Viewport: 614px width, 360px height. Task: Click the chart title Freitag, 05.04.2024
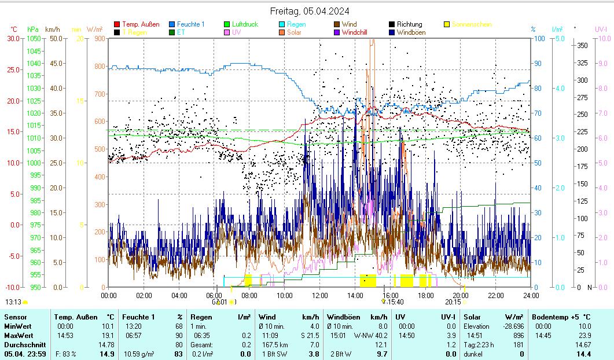pyautogui.click(x=310, y=11)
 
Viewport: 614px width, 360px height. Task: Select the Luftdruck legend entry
pyautogui.click(x=245, y=24)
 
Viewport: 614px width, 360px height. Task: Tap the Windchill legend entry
pyautogui.click(x=358, y=32)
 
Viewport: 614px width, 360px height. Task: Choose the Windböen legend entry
pyautogui.click(x=411, y=32)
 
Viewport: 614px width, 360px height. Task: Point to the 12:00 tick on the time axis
pyautogui.click(x=320, y=295)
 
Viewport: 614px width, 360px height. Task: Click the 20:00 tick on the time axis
pyautogui.click(x=461, y=295)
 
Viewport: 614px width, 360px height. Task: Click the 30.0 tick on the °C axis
pyautogui.click(x=13, y=38)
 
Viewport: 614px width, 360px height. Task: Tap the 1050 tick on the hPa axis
pyautogui.click(x=34, y=38)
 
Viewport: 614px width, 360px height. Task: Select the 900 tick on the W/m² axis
pyautogui.click(x=100, y=38)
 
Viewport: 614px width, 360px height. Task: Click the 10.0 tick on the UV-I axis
pyautogui.click(x=604, y=38)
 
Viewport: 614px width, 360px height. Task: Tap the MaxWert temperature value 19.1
pyautogui.click(x=108, y=335)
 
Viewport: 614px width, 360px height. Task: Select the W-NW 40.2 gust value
pyautogui.click(x=370, y=335)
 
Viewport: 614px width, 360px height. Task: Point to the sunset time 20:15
pyautogui.click(x=453, y=302)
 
